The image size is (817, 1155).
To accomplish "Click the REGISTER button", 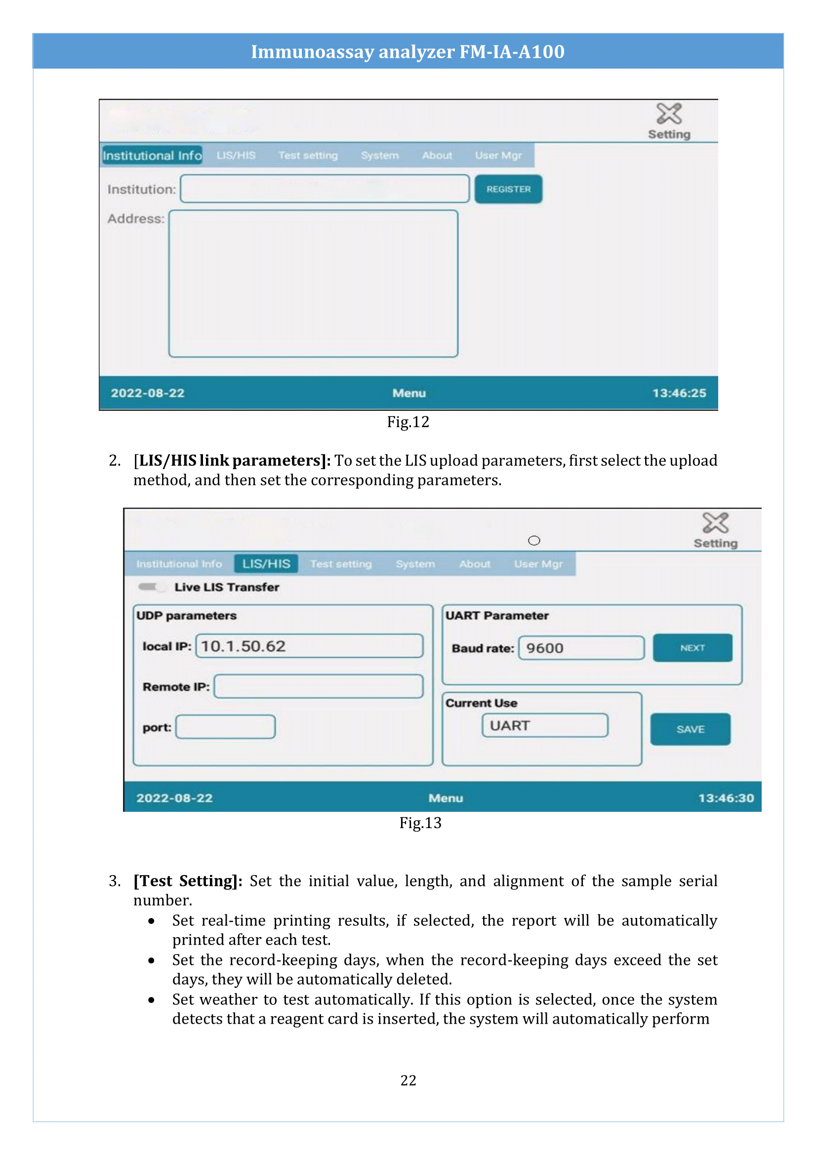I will point(508,189).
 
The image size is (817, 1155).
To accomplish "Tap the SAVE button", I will point(690,729).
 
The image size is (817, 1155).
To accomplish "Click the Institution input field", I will point(325,189).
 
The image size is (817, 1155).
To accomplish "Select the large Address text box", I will point(313,284).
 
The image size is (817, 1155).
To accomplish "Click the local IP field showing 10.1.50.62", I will point(309,646).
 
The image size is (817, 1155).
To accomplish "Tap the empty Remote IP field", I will point(318,686).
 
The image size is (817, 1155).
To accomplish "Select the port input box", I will point(225,727).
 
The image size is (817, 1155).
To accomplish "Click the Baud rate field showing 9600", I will point(581,648).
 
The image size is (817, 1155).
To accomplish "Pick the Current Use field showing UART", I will point(544,725).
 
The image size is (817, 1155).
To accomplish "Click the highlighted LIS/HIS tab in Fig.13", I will point(266,563).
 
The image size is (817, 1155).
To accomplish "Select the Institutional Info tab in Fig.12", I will point(152,156).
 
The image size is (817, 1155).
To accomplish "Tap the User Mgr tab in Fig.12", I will point(498,156).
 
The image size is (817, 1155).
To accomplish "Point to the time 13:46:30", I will point(726,798).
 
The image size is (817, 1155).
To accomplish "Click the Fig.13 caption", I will point(420,823).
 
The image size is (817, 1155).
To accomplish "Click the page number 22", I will point(408,1080).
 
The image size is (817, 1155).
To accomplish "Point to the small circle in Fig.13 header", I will point(534,540).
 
